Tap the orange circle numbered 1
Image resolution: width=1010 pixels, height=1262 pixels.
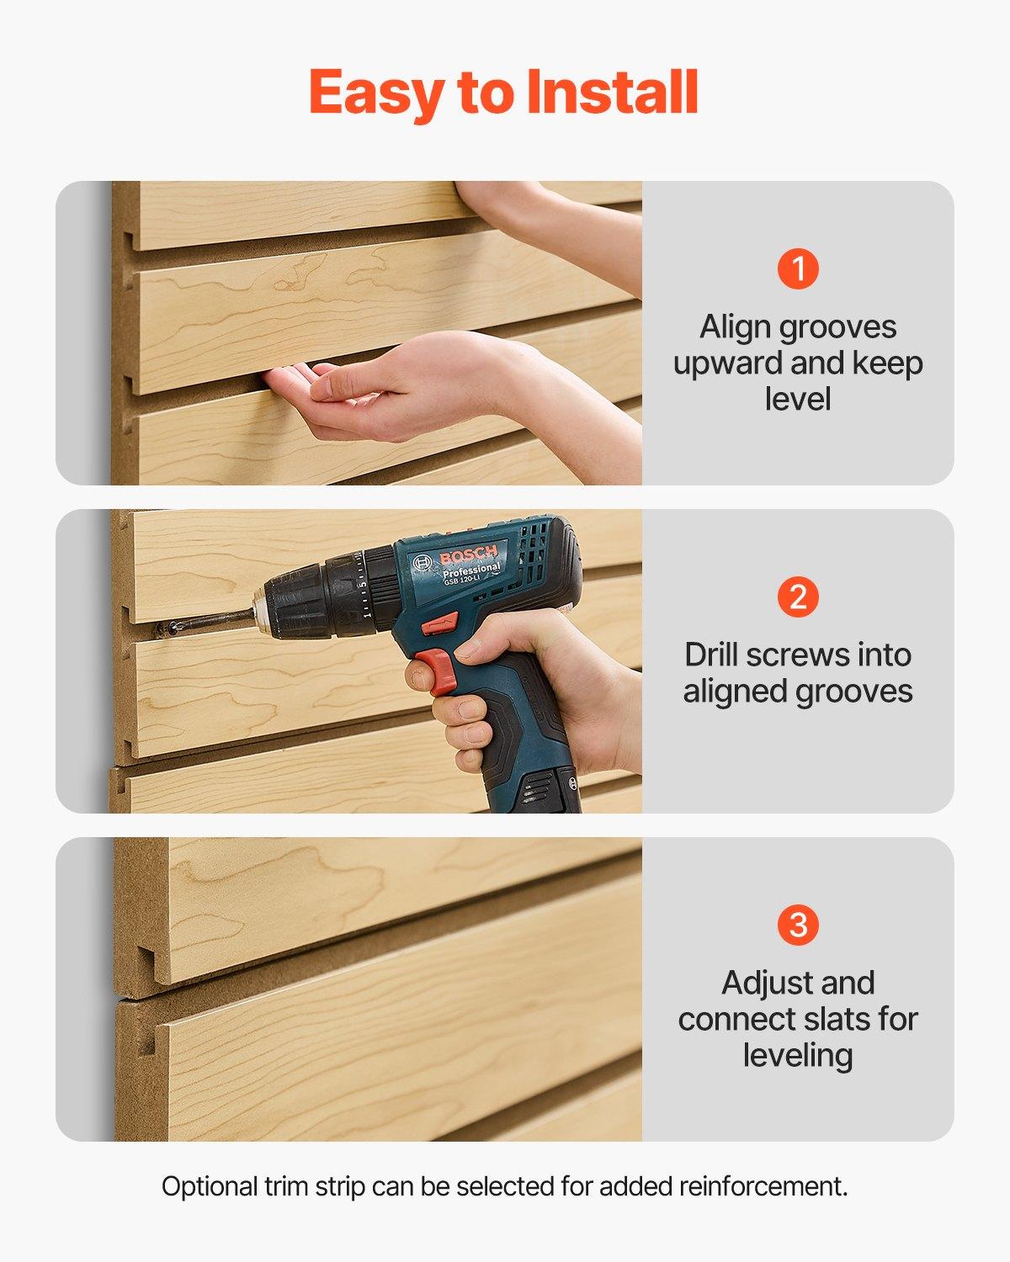click(x=798, y=268)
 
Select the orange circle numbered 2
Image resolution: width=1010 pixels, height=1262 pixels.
click(x=798, y=597)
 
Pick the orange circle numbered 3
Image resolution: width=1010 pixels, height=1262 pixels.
click(x=798, y=925)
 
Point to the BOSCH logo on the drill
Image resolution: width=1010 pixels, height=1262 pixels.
click(x=468, y=556)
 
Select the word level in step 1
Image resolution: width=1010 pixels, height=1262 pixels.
click(x=798, y=399)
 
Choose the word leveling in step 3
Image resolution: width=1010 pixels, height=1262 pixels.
click(x=798, y=1055)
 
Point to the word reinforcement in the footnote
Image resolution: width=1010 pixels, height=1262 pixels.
click(x=763, y=1187)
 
